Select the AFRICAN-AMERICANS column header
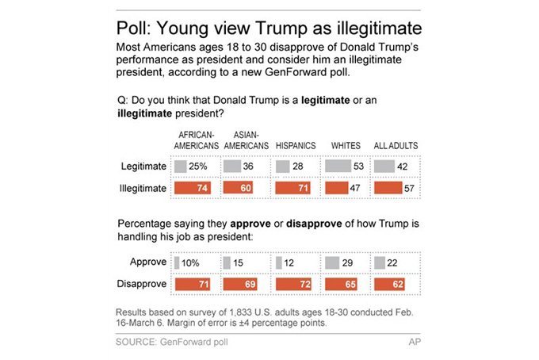[196, 140]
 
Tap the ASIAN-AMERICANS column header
[245, 140]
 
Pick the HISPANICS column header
[296, 145]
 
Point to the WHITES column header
[346, 145]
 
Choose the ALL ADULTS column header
[396, 145]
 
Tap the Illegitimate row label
[141, 188]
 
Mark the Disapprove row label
[142, 283]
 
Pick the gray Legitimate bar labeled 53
[337, 167]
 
